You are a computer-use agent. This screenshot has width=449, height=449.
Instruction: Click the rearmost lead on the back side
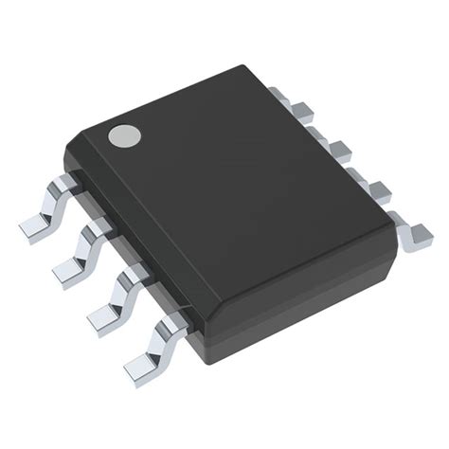click(x=281, y=96)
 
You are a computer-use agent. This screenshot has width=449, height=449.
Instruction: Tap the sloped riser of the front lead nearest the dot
click(x=52, y=204)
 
